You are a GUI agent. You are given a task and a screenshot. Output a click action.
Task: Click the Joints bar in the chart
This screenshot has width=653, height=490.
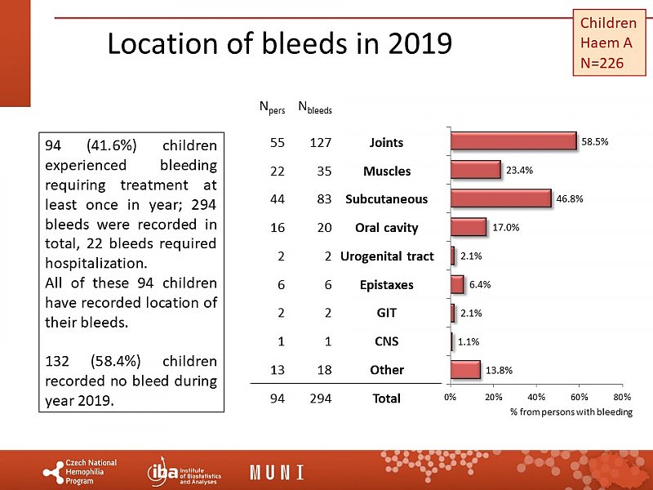pos(513,141)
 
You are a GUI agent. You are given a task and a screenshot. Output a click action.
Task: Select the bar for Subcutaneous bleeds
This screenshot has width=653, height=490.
pos(500,198)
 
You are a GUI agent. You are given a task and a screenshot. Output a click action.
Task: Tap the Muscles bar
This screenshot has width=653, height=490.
pos(475,170)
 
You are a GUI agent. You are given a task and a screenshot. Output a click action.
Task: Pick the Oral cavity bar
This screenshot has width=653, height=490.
pos(468,227)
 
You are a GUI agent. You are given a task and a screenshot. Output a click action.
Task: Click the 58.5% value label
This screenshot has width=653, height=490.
pos(594,141)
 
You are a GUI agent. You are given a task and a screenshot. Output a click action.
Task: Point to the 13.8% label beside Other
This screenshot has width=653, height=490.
pos(499,370)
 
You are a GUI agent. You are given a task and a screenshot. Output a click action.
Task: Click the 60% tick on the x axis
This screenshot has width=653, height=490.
pos(579,397)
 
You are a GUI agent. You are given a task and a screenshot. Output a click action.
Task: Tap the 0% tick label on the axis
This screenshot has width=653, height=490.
pos(450,397)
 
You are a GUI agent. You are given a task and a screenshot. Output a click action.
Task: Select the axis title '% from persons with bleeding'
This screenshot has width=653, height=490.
pos(571,412)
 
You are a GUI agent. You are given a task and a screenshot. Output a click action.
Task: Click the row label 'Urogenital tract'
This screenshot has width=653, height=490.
pos(387,256)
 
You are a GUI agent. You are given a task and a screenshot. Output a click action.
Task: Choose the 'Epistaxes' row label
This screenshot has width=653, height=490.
pos(387,285)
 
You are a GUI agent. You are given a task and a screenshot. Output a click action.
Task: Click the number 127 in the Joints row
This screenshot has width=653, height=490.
pos(319,143)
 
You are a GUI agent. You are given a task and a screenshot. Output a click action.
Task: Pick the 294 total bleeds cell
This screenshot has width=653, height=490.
pos(319,399)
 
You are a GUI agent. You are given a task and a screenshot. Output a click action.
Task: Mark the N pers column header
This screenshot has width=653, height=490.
pos(272,106)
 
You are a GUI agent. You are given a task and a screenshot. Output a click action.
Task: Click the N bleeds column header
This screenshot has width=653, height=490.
pos(315,106)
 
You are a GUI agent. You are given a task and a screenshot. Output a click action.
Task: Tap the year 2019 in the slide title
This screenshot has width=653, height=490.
pos(416,43)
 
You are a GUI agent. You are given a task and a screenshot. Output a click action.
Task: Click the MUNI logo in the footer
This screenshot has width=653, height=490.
pos(277,472)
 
